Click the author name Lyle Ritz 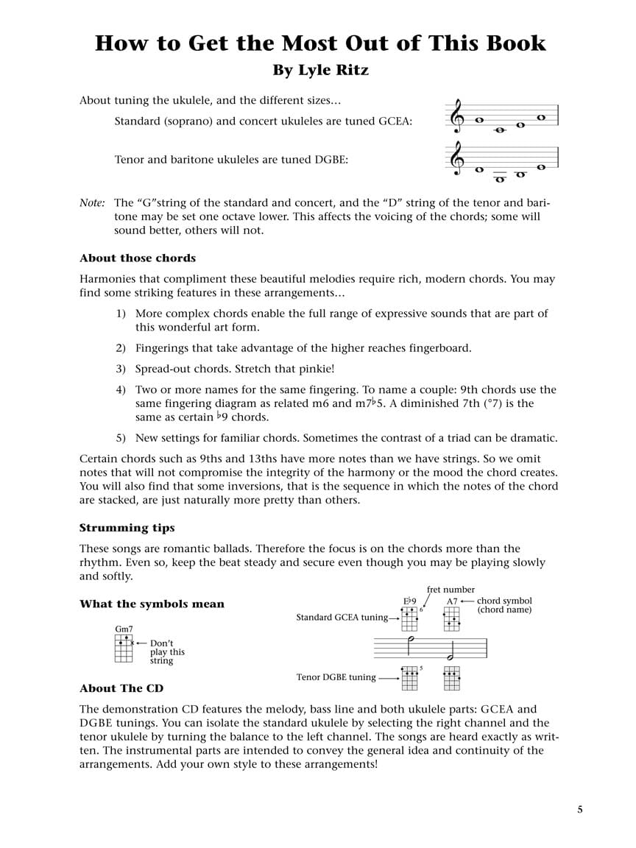pyautogui.click(x=321, y=71)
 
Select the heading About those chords pyautogui.click(x=138, y=258)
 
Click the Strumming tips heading pyautogui.click(x=127, y=528)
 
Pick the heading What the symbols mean pyautogui.click(x=152, y=604)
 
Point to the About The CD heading pyautogui.click(x=121, y=688)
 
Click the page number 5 pyautogui.click(x=580, y=810)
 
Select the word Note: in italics pyautogui.click(x=92, y=202)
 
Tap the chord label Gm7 pyautogui.click(x=124, y=629)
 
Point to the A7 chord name pyautogui.click(x=452, y=601)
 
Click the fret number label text pyautogui.click(x=451, y=590)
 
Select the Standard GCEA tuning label pyautogui.click(x=342, y=618)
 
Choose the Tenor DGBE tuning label pyautogui.click(x=336, y=677)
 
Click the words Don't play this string pyautogui.click(x=167, y=651)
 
